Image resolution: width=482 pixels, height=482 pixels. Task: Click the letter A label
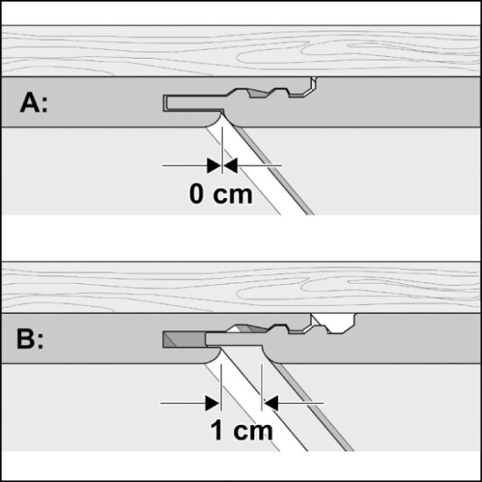click(30, 103)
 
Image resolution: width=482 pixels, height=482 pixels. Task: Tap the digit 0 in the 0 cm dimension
click(196, 194)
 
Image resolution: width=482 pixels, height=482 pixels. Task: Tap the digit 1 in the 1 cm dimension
click(216, 430)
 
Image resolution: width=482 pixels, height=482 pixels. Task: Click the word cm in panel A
click(232, 195)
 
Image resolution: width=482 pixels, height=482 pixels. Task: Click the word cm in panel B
click(253, 432)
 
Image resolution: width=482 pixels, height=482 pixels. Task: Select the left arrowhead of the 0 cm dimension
click(214, 166)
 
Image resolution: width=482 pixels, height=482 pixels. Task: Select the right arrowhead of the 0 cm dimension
click(230, 166)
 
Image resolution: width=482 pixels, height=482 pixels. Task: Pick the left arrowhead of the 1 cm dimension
click(213, 403)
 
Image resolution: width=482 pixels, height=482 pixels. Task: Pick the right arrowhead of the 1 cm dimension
click(271, 403)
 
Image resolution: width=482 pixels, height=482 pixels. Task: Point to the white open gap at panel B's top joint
click(335, 323)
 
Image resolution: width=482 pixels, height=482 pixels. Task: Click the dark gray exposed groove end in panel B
click(184, 339)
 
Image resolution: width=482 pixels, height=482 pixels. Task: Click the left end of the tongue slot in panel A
click(165, 103)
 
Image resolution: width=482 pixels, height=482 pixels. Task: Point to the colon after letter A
click(45, 106)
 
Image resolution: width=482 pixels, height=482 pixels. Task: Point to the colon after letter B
click(40, 342)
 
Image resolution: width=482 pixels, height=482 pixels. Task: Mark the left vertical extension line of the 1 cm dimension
click(221, 387)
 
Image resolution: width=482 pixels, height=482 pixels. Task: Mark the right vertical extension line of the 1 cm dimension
click(262, 387)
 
